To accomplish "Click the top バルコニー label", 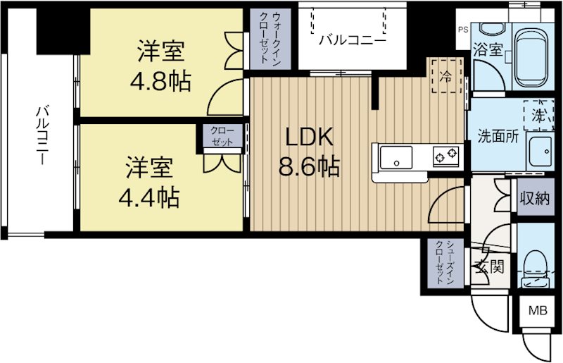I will [352, 40].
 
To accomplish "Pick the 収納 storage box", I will [534, 198].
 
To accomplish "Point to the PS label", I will [462, 30].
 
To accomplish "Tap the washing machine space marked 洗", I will [538, 113].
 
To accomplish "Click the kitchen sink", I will [399, 156].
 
